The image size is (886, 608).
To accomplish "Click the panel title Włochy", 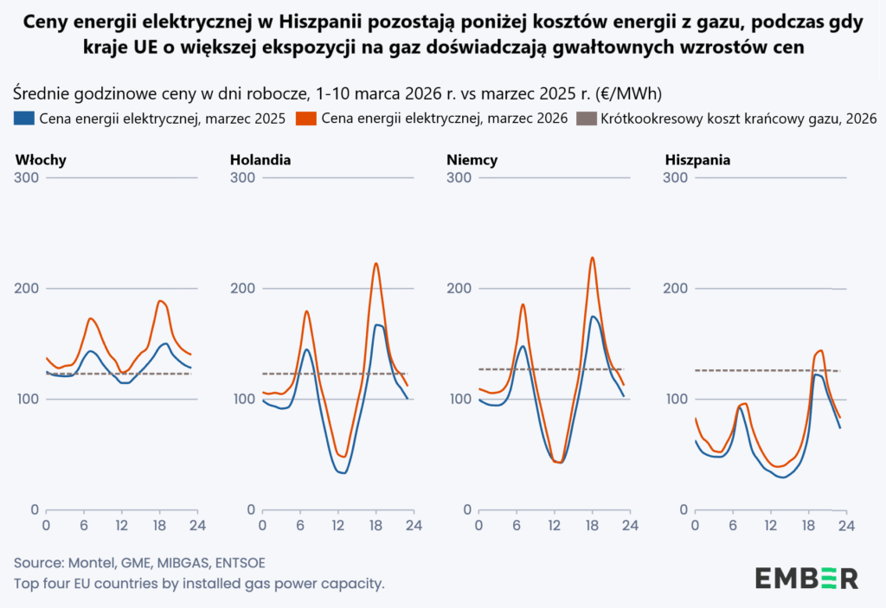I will [x=41, y=160].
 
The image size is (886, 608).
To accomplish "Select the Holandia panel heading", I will [x=260, y=160].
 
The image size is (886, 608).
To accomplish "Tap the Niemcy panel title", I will [x=472, y=160].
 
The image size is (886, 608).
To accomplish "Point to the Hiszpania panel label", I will [x=697, y=160].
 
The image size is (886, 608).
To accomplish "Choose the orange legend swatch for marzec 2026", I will [x=305, y=118].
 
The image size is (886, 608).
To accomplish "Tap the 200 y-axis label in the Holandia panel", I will [x=244, y=288].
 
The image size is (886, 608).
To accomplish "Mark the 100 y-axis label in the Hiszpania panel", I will [x=677, y=399].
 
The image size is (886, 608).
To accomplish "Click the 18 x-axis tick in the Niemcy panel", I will [x=593, y=524].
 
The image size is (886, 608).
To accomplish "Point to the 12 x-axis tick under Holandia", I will [x=338, y=524].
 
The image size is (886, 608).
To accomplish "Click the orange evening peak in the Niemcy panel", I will [x=593, y=258].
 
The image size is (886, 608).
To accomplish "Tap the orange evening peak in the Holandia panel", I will [x=376, y=263].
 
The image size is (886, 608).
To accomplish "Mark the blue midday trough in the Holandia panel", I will [x=343, y=473].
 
